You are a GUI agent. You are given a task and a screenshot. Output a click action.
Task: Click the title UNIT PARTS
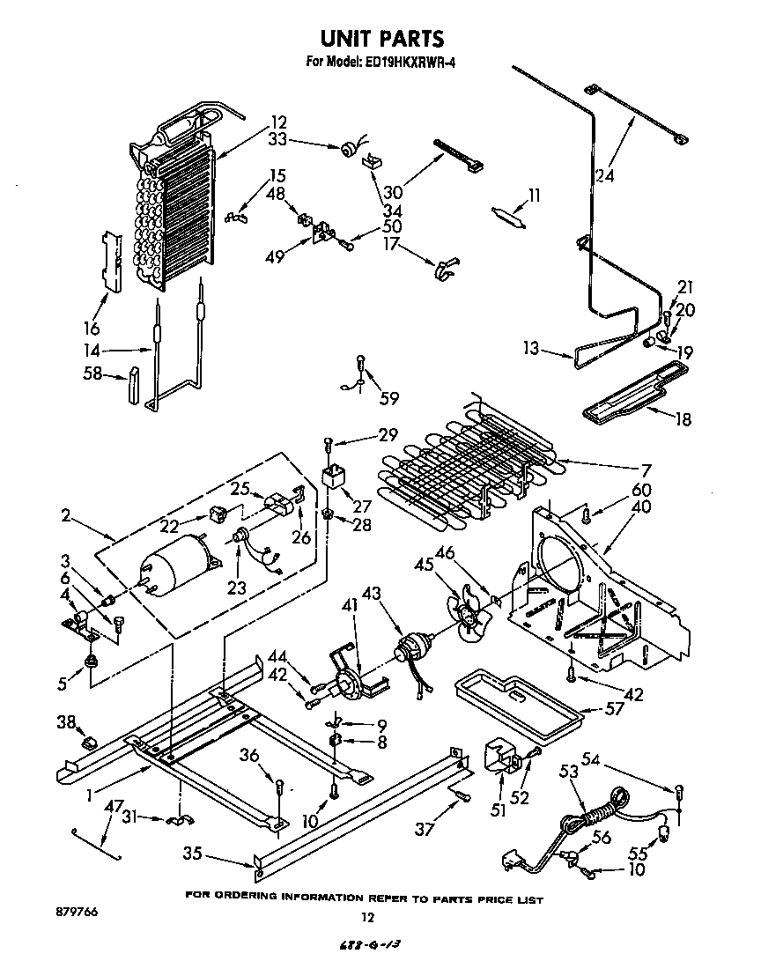click(380, 39)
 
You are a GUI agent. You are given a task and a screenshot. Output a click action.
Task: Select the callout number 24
click(604, 175)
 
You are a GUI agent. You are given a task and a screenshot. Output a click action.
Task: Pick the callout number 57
click(616, 708)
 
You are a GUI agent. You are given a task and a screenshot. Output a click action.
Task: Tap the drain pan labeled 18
click(630, 395)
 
